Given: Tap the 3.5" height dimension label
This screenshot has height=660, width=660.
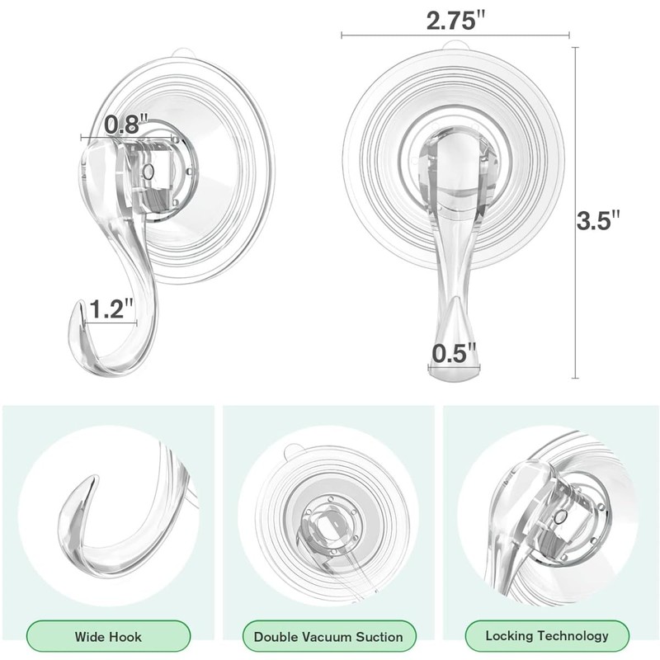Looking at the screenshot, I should point(598,221).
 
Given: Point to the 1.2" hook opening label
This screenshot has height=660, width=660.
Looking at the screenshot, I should point(112,310).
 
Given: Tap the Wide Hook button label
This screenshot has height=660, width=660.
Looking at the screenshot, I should point(108,636).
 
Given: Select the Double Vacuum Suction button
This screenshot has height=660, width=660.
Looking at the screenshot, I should point(328,636).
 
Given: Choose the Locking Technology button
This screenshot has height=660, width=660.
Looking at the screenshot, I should point(547,635).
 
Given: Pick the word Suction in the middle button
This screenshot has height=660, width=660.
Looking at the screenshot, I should point(376,636).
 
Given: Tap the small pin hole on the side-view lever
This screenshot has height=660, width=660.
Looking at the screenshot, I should point(148,171).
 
